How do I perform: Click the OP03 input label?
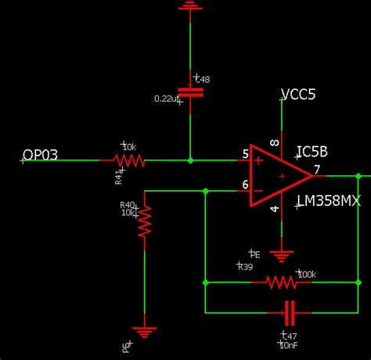click(40, 154)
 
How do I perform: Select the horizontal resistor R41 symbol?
click(129, 160)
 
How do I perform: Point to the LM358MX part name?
click(328, 201)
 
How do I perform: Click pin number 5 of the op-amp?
click(245, 154)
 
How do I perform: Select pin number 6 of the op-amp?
click(245, 184)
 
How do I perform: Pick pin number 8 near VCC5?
click(274, 142)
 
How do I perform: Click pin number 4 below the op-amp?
click(274, 209)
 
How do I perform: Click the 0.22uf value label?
click(168, 99)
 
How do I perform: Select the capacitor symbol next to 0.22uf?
click(189, 92)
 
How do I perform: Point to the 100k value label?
click(306, 274)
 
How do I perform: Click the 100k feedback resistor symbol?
click(280, 282)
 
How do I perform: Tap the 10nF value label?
click(287, 344)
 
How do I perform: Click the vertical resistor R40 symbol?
click(145, 221)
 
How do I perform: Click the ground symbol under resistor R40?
click(145, 331)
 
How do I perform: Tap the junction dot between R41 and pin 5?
click(190, 160)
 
